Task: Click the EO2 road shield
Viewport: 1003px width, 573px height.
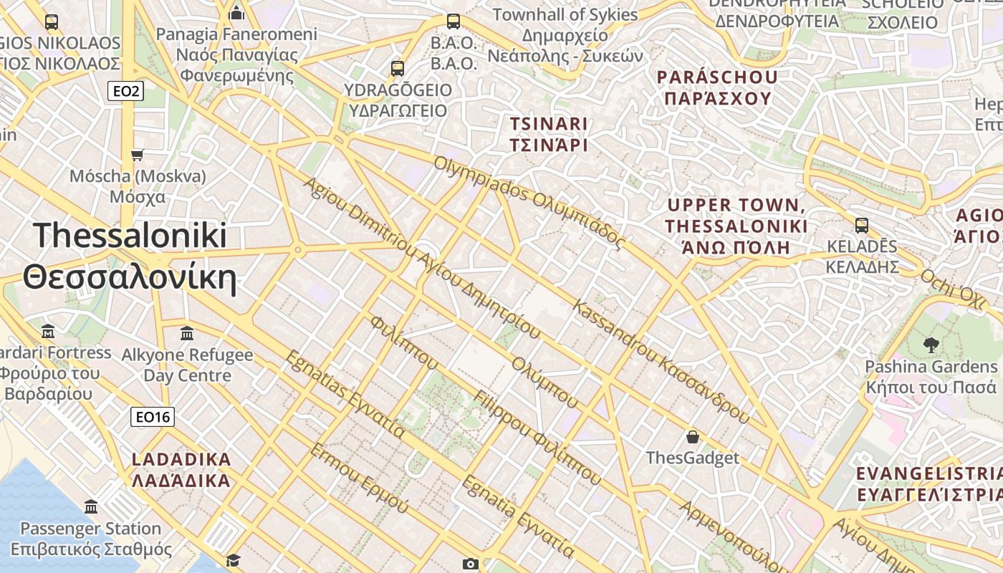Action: click(x=125, y=91)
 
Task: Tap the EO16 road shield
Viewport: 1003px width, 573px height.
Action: click(x=153, y=417)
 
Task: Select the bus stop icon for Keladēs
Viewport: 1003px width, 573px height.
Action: click(x=861, y=226)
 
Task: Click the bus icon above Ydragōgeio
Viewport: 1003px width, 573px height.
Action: click(x=398, y=69)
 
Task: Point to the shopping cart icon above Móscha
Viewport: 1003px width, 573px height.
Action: click(x=137, y=155)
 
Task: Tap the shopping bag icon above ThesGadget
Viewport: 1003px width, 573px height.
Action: click(x=692, y=436)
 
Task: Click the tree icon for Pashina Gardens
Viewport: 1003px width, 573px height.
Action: click(x=931, y=345)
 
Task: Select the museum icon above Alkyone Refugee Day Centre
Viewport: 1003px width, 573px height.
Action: click(x=187, y=333)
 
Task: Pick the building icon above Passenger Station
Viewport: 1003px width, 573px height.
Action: click(x=91, y=507)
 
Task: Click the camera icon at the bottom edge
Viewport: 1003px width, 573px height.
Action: click(x=470, y=564)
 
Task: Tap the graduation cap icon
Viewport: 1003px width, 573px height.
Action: click(x=233, y=559)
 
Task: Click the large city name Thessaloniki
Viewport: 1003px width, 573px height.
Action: click(x=130, y=236)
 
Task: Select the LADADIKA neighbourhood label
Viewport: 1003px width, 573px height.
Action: click(x=181, y=459)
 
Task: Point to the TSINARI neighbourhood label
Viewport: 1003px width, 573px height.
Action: click(x=548, y=123)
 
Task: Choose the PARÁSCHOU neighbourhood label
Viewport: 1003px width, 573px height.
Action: click(x=717, y=77)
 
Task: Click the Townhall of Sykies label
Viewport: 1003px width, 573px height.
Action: click(x=565, y=14)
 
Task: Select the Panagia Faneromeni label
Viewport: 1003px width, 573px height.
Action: click(x=236, y=34)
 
